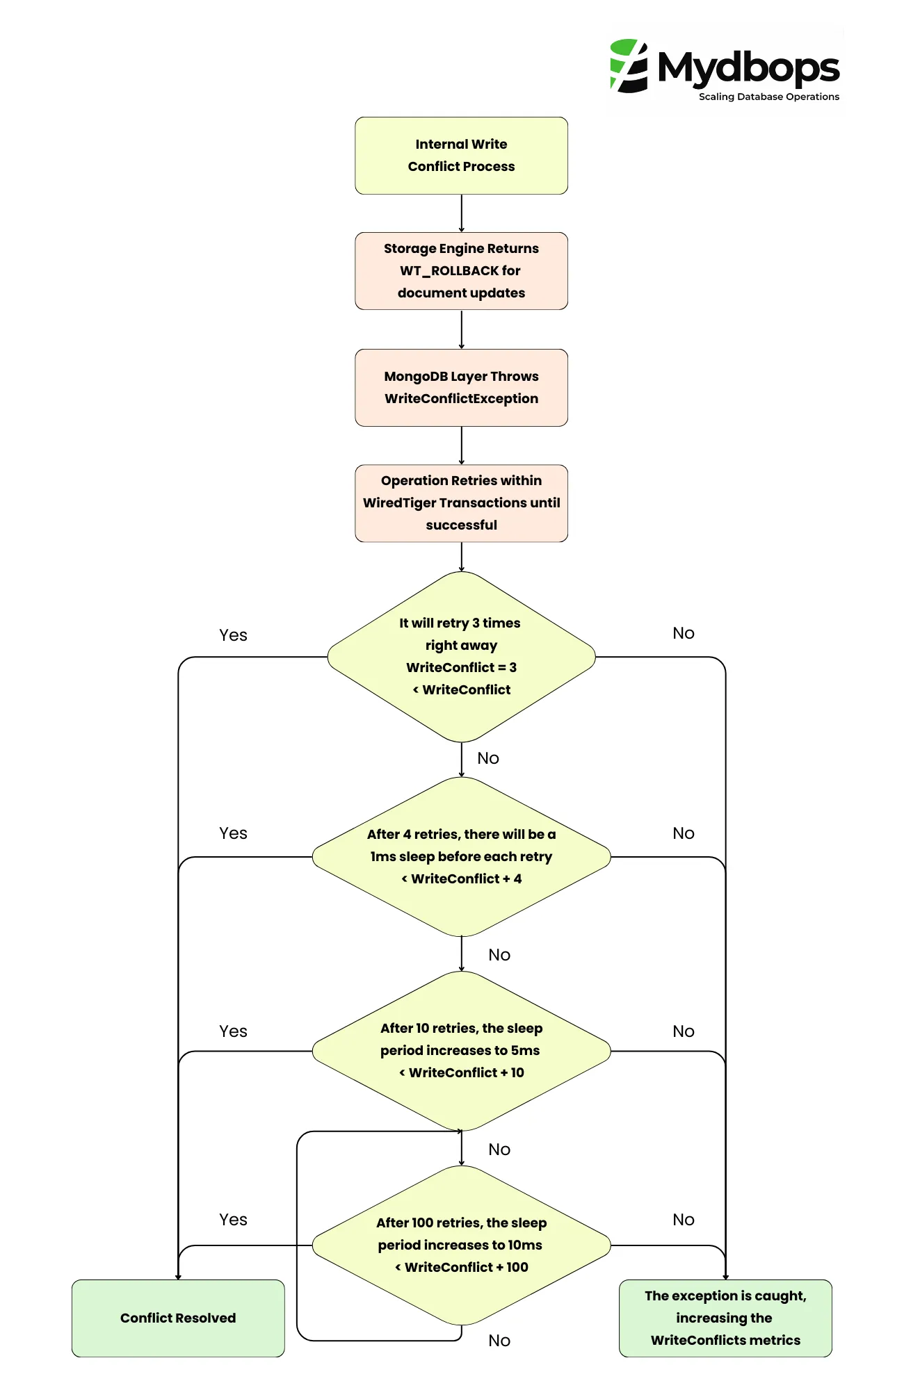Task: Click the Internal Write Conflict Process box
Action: click(461, 156)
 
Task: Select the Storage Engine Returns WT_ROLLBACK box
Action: click(461, 271)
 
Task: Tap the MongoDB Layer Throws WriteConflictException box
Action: click(461, 387)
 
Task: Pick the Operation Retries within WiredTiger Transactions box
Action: click(461, 502)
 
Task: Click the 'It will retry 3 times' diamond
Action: click(461, 656)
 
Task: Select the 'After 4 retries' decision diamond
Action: click(461, 856)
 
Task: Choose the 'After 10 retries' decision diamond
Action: click(461, 1050)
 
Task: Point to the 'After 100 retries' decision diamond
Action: click(461, 1245)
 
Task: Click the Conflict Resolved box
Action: click(178, 1318)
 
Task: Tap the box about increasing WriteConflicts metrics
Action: click(725, 1318)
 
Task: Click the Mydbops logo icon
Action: click(629, 66)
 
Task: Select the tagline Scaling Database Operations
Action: click(768, 97)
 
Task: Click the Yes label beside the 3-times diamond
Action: click(233, 635)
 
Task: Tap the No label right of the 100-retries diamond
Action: click(683, 1220)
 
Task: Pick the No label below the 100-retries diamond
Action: click(499, 1341)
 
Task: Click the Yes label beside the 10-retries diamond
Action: click(233, 1031)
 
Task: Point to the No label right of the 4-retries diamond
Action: click(683, 833)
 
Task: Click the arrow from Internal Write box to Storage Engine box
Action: click(461, 213)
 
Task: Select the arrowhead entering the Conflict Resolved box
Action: click(178, 1276)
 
